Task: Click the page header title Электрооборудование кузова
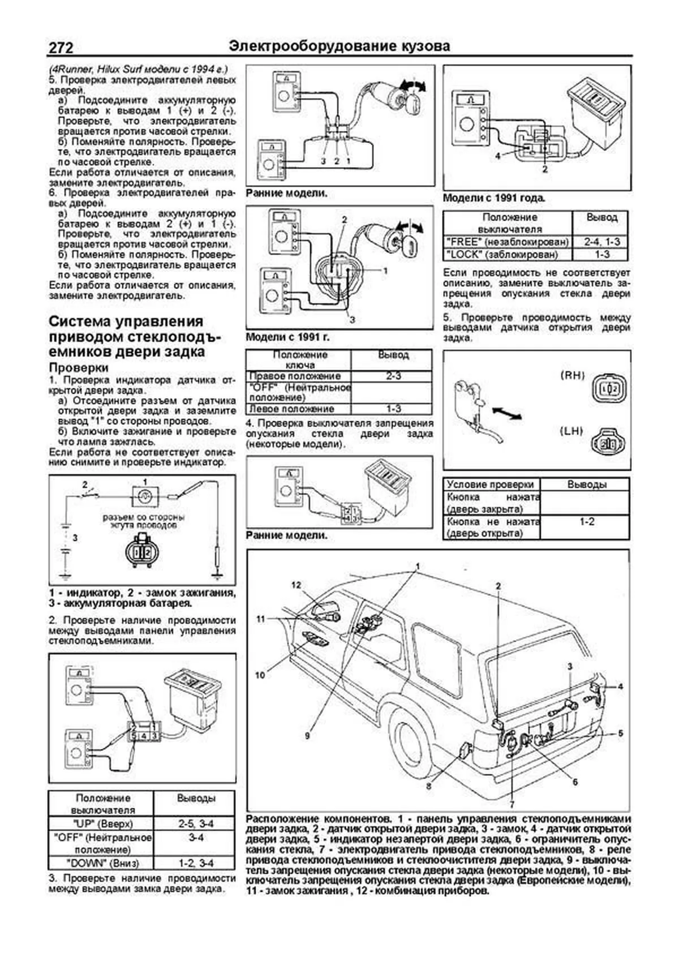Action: tap(339, 46)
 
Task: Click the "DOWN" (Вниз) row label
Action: tap(100, 863)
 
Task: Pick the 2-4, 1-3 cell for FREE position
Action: tap(601, 242)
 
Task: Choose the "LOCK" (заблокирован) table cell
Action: tap(507, 255)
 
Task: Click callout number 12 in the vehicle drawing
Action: tap(296, 585)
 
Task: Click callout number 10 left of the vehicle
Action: tap(260, 675)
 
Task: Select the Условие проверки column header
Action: tap(491, 484)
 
